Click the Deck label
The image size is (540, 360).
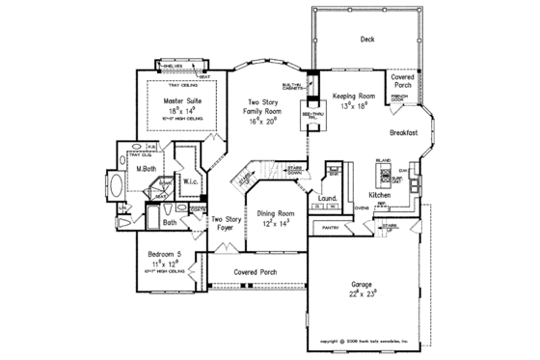click(366, 41)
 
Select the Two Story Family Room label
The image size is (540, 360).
click(264, 107)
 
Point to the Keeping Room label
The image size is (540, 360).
click(352, 97)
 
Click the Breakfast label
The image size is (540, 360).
click(403, 132)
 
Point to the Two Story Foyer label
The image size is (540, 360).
click(226, 225)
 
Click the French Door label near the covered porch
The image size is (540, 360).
click(400, 98)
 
